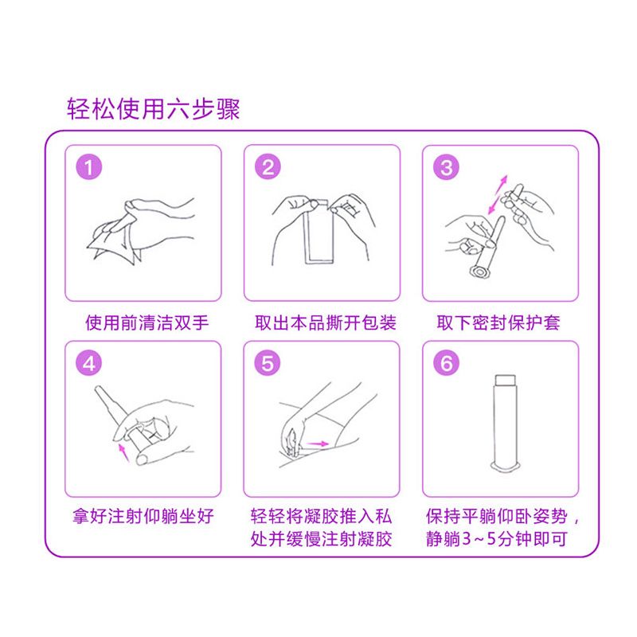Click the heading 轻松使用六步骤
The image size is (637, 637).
pyautogui.click(x=153, y=109)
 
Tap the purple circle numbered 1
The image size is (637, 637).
pyautogui.click(x=89, y=166)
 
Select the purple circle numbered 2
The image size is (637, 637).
pyautogui.click(x=268, y=166)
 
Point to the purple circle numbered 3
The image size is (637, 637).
pyautogui.click(x=446, y=166)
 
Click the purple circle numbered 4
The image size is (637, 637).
pyautogui.click(x=89, y=363)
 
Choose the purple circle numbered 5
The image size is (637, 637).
pyautogui.click(x=268, y=363)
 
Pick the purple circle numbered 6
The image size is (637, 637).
pyautogui.click(x=446, y=363)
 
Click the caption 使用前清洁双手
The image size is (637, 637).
pyautogui.click(x=147, y=323)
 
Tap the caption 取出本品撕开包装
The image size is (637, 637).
pyautogui.click(x=326, y=323)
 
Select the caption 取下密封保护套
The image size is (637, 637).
pyautogui.click(x=498, y=323)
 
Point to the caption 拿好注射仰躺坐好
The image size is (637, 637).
pyautogui.click(x=143, y=516)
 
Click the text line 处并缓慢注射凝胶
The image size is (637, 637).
pyautogui.click(x=322, y=539)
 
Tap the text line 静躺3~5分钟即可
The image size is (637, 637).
pyautogui.click(x=496, y=539)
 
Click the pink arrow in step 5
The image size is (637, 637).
pyautogui.click(x=317, y=444)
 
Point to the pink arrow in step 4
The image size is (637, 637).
pyautogui.click(x=123, y=452)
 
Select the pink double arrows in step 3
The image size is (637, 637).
pyautogui.click(x=498, y=194)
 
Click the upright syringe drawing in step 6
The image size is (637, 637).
pyautogui.click(x=506, y=424)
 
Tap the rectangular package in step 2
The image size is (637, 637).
pyautogui.click(x=319, y=232)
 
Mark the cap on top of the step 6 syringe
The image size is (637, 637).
pyautogui.click(x=506, y=381)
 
